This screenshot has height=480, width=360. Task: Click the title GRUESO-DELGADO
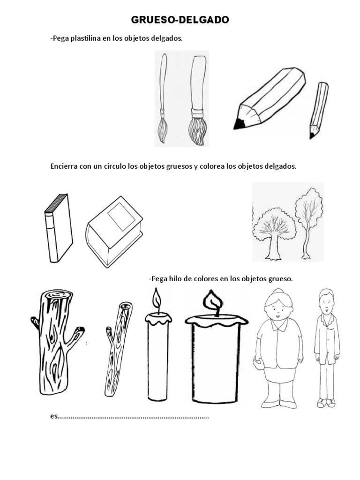coord(180,20)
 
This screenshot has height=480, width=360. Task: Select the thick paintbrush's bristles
coord(196,131)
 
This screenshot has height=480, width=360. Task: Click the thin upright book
coord(59,228)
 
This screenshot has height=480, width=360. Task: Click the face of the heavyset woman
coord(276,312)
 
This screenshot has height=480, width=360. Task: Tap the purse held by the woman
coord(257,363)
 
